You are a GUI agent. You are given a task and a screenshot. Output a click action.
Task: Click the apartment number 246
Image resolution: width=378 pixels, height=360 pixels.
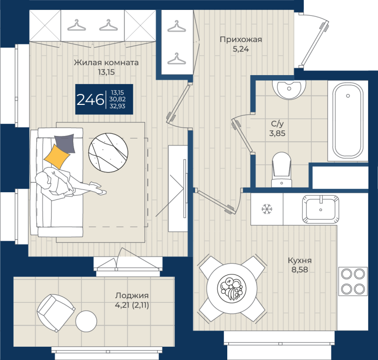pos(90,100)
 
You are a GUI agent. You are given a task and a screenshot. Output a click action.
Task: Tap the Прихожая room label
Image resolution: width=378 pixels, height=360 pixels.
pos(241,40)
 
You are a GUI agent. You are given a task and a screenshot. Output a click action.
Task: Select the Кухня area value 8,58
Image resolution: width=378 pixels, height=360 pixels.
pos(300,270)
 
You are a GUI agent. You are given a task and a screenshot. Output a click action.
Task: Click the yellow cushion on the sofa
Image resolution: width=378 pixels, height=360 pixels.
pos(56,155)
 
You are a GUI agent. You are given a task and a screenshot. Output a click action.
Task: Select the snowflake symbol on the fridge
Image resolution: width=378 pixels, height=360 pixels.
pos(267,209)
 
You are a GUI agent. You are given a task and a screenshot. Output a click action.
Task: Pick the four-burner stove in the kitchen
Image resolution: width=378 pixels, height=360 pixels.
pos(352,281)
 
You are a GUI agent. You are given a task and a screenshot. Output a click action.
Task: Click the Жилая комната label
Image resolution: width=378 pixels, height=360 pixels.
pos(106,63)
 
